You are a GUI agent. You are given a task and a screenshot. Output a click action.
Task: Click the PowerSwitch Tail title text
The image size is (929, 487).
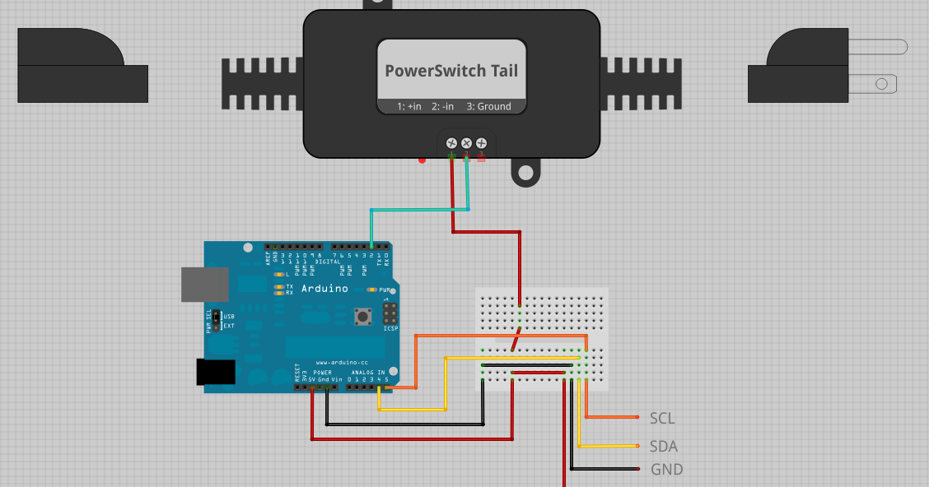tap(451, 71)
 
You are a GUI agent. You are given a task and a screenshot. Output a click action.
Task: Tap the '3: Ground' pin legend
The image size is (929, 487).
tap(488, 106)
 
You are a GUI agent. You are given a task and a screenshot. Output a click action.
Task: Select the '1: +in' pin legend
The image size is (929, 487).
tap(408, 106)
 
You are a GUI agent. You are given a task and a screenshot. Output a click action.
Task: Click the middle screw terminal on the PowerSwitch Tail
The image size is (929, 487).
tap(466, 143)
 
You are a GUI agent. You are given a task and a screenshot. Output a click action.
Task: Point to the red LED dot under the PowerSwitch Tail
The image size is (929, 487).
tap(422, 160)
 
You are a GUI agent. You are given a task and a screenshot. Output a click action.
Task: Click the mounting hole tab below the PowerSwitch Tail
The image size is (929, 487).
tap(524, 173)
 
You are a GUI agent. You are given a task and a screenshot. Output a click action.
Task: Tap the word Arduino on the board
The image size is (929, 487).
tap(324, 289)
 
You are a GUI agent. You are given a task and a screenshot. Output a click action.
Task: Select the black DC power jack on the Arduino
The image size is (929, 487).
tap(215, 372)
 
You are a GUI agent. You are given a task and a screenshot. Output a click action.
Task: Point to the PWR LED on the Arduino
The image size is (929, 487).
tap(372, 290)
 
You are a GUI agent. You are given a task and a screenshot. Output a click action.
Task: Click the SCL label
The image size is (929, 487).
tap(662, 419)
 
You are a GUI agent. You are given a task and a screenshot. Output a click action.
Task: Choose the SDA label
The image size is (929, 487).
tap(663, 446)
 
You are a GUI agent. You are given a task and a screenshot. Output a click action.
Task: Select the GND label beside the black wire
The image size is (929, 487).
tap(666, 470)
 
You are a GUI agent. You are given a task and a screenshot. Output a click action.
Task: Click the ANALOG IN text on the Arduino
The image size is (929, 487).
tap(366, 373)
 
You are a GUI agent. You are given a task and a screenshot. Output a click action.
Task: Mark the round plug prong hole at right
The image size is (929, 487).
tap(881, 83)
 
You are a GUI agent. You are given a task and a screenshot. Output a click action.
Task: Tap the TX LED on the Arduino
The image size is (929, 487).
tap(279, 286)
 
